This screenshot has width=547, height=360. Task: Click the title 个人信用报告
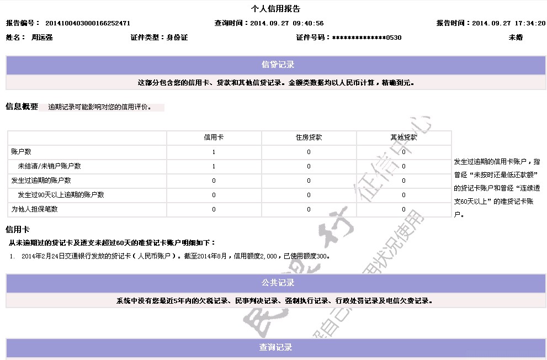(x=275, y=9)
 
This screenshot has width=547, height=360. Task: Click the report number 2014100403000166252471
(x=87, y=23)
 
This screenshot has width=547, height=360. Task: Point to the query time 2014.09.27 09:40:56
(x=286, y=23)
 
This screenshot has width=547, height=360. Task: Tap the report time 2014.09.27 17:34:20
(x=508, y=23)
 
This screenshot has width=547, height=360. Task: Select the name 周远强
(x=42, y=38)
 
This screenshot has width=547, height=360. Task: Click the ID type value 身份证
(x=177, y=38)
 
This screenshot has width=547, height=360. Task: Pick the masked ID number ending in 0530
(x=367, y=38)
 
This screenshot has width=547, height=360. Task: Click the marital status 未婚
(x=516, y=38)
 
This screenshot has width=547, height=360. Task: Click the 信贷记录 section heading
(x=278, y=65)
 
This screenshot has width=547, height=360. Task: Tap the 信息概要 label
(x=22, y=107)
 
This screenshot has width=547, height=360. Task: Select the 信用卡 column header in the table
(x=214, y=137)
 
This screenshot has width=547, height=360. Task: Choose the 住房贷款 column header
(x=309, y=137)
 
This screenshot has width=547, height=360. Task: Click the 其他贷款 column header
(x=403, y=137)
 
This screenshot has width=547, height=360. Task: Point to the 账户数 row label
(x=21, y=152)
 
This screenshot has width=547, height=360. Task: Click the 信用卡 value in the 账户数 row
(x=214, y=152)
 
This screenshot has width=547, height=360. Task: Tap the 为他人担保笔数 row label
(x=34, y=209)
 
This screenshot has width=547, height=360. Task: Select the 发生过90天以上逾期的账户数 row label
(x=61, y=195)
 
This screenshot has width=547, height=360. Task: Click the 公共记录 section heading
(x=278, y=283)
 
